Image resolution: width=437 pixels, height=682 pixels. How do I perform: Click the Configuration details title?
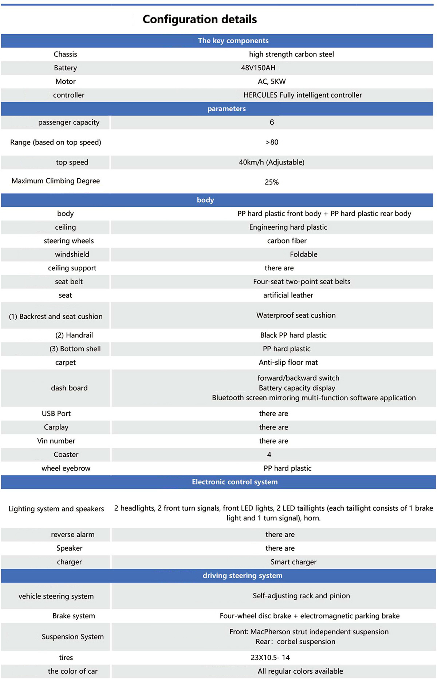pyautogui.click(x=200, y=19)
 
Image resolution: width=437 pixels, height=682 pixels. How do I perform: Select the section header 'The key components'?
pyautogui.click(x=233, y=41)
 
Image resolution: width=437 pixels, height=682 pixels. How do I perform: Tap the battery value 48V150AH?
pyautogui.click(x=258, y=68)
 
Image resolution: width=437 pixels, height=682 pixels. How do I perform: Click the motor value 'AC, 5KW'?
pyautogui.click(x=272, y=82)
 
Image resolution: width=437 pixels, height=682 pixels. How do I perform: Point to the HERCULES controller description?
pyautogui.click(x=302, y=95)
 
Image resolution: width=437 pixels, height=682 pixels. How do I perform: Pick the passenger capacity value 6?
pyautogui.click(x=272, y=122)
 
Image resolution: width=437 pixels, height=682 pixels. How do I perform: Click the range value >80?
pyautogui.click(x=272, y=142)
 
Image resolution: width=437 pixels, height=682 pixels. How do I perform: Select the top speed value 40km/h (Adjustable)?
pyautogui.click(x=272, y=162)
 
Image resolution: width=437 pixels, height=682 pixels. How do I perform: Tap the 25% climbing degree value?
pyautogui.click(x=272, y=182)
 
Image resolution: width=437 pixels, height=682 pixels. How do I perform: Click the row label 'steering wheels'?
pyautogui.click(x=69, y=241)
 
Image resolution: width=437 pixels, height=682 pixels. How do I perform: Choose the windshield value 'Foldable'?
pyautogui.click(x=303, y=254)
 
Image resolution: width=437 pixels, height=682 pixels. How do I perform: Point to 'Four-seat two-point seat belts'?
pyautogui.click(x=302, y=282)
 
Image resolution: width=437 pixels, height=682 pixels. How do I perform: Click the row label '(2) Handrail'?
pyautogui.click(x=74, y=335)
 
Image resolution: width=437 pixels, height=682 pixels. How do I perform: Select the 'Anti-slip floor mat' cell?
pyautogui.click(x=288, y=362)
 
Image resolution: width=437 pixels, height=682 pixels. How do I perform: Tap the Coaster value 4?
pyautogui.click(x=269, y=455)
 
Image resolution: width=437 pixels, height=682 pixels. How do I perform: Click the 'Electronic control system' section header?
pyautogui.click(x=235, y=482)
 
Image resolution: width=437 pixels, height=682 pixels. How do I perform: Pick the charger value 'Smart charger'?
pyautogui.click(x=293, y=562)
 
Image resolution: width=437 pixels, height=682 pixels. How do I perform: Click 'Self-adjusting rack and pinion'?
pyautogui.click(x=301, y=596)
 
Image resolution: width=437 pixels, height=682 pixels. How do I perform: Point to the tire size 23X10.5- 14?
pyautogui.click(x=270, y=658)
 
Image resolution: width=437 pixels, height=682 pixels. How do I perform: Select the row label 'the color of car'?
pyautogui.click(x=72, y=671)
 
